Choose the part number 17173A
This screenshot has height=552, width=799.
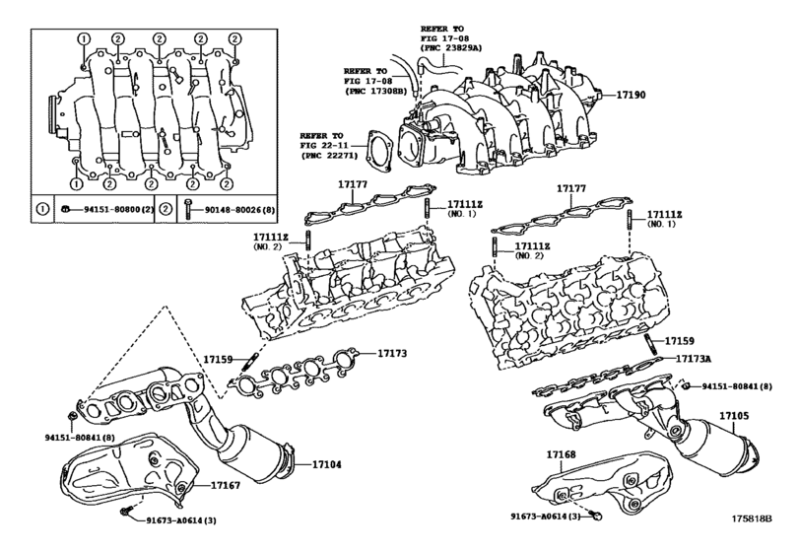point(697,360)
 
